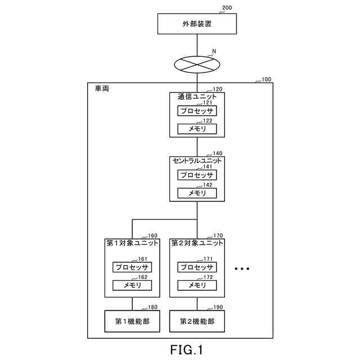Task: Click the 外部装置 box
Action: pyautogui.click(x=197, y=24)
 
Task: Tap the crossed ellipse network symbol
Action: pyautogui.click(x=197, y=65)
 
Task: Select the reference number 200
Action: pyautogui.click(x=227, y=7)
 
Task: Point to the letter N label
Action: pyautogui.click(x=214, y=51)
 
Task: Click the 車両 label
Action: pyautogui.click(x=102, y=88)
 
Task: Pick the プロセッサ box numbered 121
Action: pyautogui.click(x=197, y=111)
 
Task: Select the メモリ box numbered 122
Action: pyautogui.click(x=197, y=129)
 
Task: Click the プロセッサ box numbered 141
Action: pyautogui.click(x=197, y=175)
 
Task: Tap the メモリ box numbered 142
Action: pyautogui.click(x=197, y=193)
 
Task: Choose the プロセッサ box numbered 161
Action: pyautogui.click(x=132, y=267)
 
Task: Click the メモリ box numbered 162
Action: pyautogui.click(x=132, y=285)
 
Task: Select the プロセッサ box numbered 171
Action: pyautogui.click(x=197, y=267)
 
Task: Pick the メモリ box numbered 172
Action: pyautogui.click(x=197, y=285)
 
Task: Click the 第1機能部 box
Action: pyautogui.click(x=132, y=321)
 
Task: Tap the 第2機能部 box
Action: pyautogui.click(x=197, y=321)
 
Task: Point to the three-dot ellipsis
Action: pyautogui.click(x=242, y=269)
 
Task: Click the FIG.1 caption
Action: pyautogui.click(x=186, y=350)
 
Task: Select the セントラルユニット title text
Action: pyautogui.click(x=197, y=161)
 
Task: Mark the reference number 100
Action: pyautogui.click(x=266, y=79)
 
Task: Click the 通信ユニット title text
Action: pyautogui.click(x=197, y=97)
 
